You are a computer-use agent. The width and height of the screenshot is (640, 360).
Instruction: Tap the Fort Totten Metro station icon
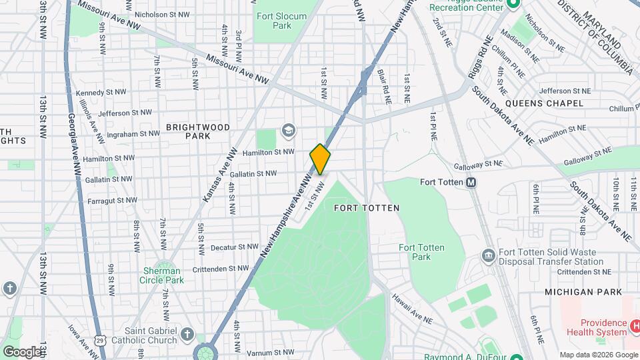pyautogui.click(x=471, y=182)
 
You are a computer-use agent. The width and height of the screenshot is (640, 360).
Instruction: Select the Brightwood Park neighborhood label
pyautogui.click(x=198, y=131)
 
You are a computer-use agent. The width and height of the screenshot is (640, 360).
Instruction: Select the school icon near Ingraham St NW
pyautogui.click(x=288, y=129)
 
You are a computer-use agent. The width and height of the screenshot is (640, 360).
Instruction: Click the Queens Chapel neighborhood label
pyautogui.click(x=544, y=103)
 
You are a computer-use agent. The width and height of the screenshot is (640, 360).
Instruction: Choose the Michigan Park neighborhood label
pyautogui.click(x=583, y=292)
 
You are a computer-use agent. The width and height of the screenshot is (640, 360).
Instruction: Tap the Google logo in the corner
pyautogui.click(x=21, y=351)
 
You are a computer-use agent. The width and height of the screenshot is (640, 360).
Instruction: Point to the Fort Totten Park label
pyautogui.click(x=421, y=252)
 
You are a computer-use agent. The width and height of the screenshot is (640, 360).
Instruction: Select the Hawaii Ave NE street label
pyautogui.click(x=411, y=306)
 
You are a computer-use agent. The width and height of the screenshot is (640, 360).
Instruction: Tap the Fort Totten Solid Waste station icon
pyautogui.click(x=487, y=256)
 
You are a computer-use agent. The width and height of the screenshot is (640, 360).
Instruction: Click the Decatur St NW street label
pyautogui.click(x=234, y=247)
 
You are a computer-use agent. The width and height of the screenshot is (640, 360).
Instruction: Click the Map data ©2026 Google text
pyautogui.click(x=598, y=355)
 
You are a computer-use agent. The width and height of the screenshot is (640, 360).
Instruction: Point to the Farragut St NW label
pyautogui.click(x=113, y=199)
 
